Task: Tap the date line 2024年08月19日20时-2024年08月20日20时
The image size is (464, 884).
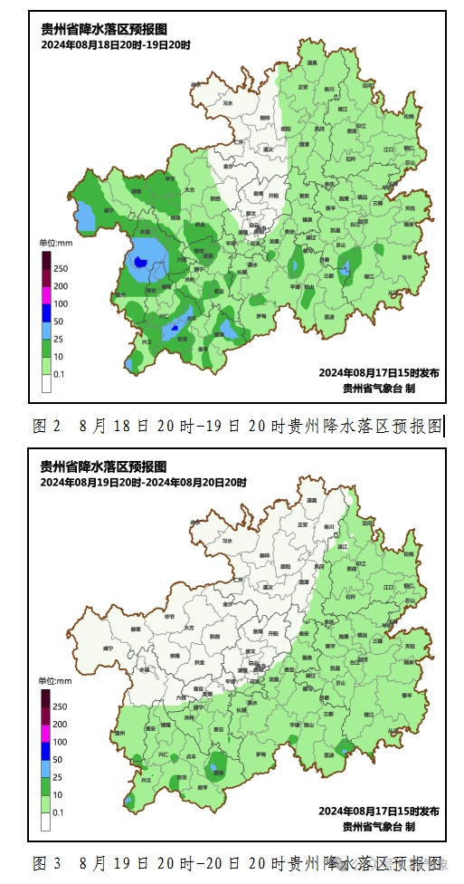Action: [144, 483]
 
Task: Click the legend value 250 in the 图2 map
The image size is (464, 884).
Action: [61, 269]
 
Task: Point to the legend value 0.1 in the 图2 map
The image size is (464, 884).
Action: [59, 373]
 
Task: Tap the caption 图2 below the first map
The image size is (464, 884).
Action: [46, 425]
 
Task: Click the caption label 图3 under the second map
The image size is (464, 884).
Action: [46, 862]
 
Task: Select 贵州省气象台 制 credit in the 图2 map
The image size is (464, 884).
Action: [379, 388]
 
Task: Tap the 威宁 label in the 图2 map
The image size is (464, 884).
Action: [109, 208]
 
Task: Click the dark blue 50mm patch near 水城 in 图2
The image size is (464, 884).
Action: [138, 261]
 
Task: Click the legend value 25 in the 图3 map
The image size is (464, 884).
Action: [59, 777]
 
